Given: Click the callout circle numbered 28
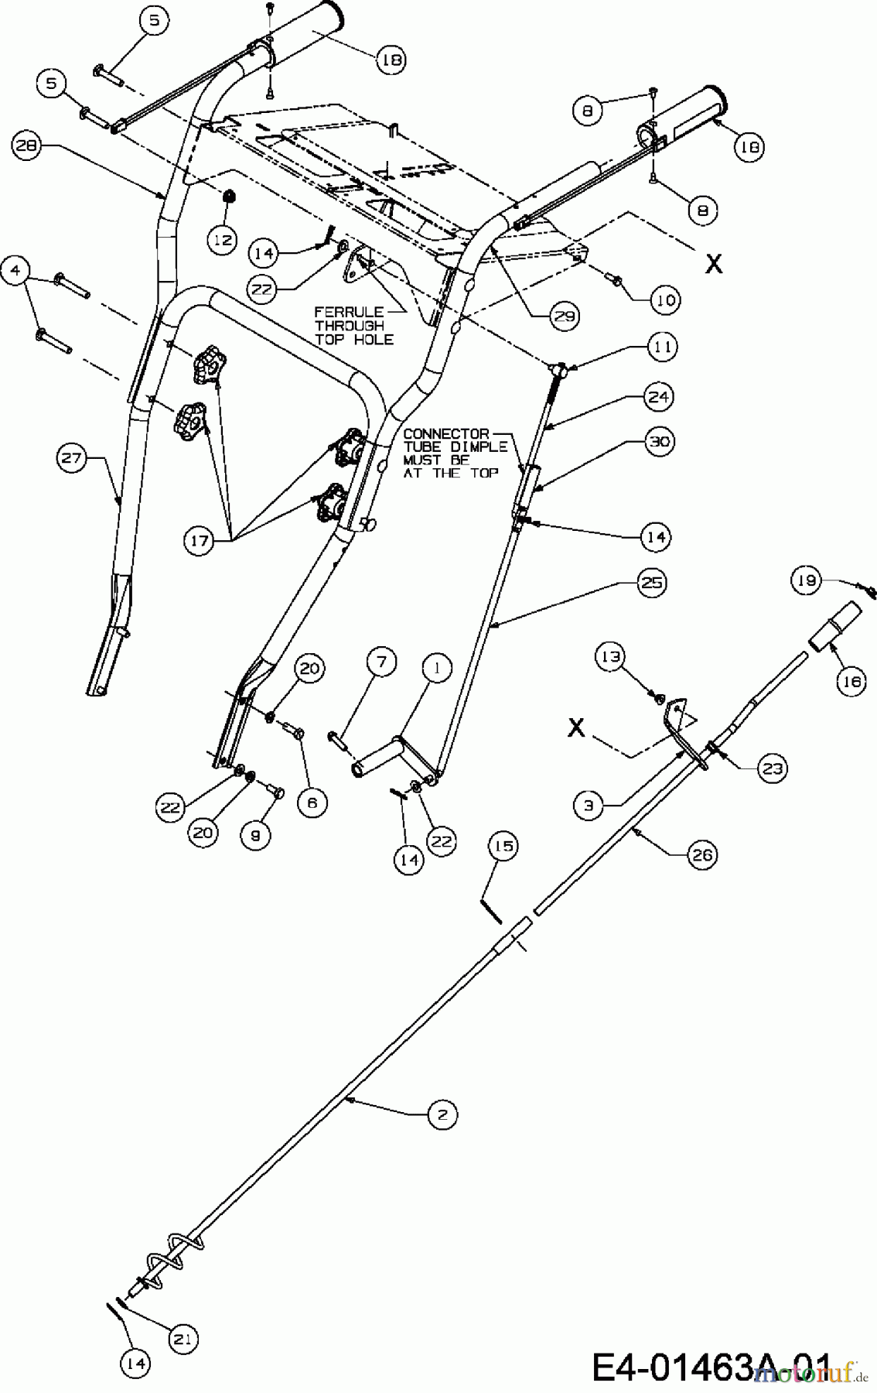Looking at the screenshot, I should [26, 146].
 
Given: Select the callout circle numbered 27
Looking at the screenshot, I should [72, 459].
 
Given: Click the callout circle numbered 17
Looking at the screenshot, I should [200, 540].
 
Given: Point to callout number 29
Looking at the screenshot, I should [564, 314].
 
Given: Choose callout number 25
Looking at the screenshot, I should [652, 581].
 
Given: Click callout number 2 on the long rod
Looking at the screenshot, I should [442, 1115].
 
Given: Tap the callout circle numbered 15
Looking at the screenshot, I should [503, 847].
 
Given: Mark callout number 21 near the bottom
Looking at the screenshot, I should [183, 1340].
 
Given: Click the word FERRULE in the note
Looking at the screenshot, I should [336, 312].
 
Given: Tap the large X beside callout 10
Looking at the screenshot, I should [714, 264].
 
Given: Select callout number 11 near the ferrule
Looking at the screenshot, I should [662, 347].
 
